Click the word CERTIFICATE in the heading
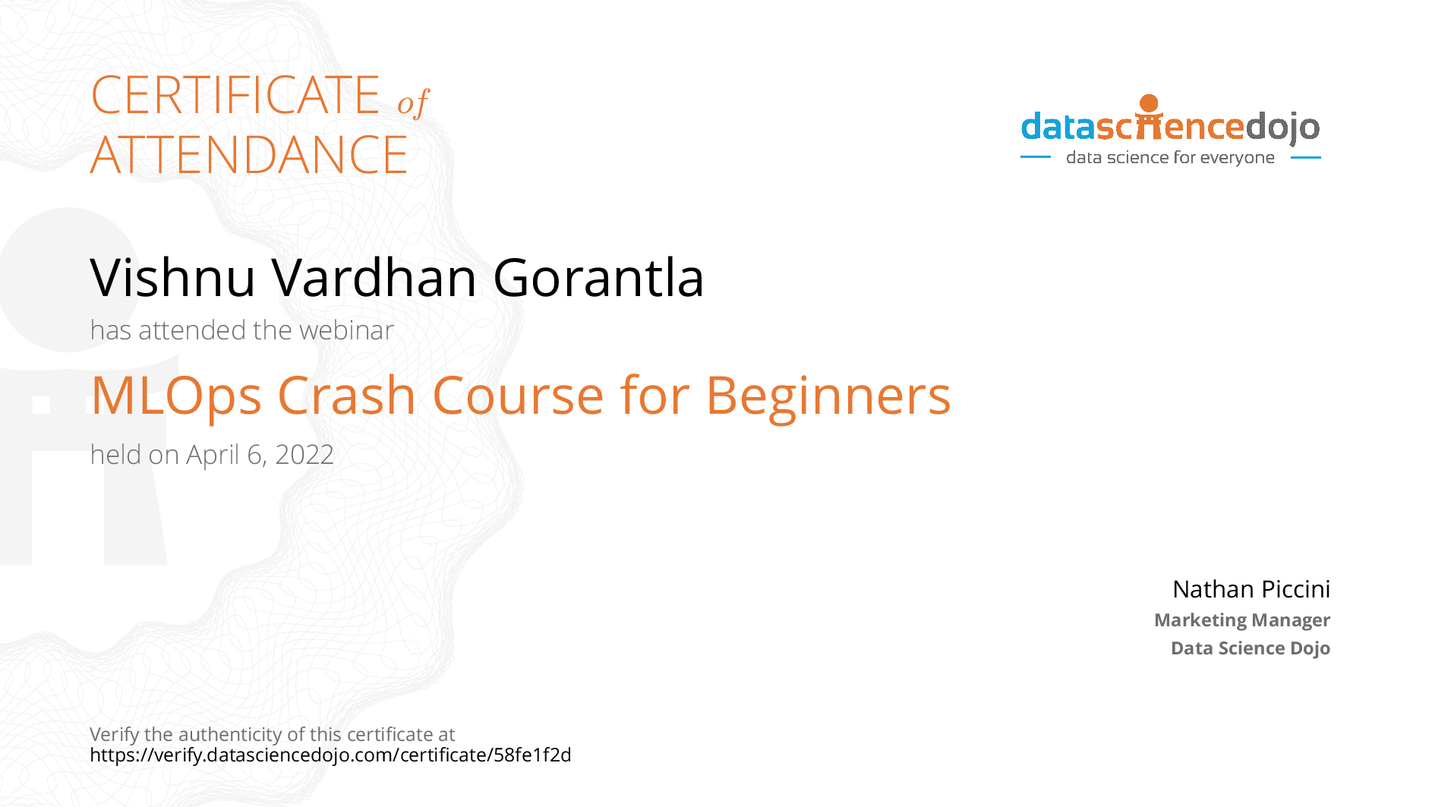tap(235, 96)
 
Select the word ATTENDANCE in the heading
tap(249, 155)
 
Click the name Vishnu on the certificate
tap(173, 277)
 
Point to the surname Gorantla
tap(599, 277)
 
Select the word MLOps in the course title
tap(176, 396)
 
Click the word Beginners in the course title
tap(828, 398)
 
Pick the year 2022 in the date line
tap(304, 455)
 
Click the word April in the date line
tap(213, 456)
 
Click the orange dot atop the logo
tap(1150, 103)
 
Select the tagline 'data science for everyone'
tap(1170, 157)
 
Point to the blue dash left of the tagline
tap(1036, 157)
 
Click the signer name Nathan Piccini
tap(1251, 589)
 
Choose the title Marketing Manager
tap(1242, 620)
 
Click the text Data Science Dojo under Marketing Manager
tap(1250, 648)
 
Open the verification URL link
tap(330, 755)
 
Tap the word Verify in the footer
tap(115, 735)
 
